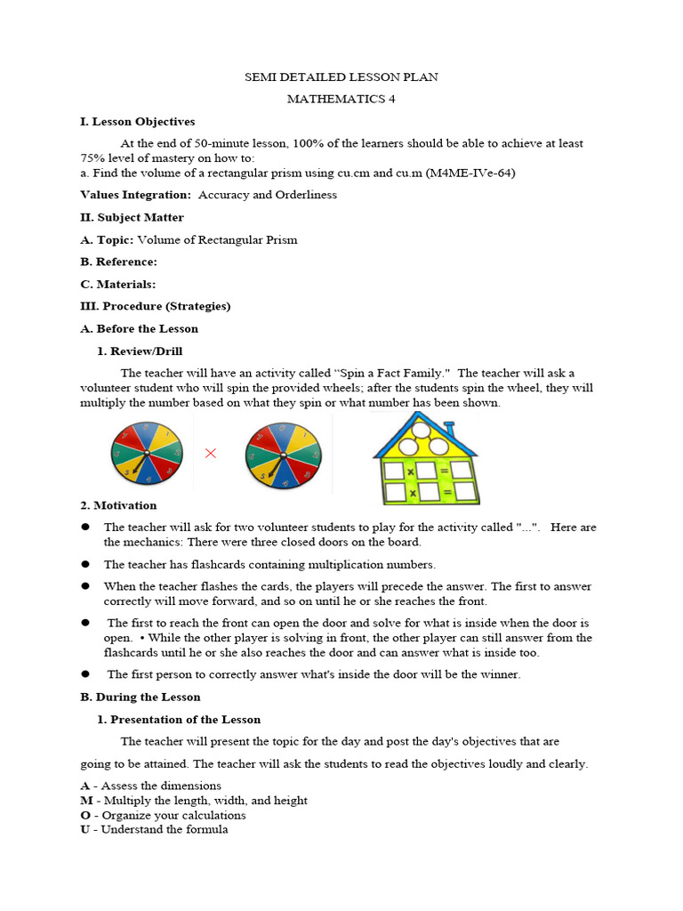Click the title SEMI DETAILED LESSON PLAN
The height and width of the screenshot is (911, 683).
point(341,77)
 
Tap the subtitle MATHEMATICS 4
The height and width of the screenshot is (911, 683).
point(341,99)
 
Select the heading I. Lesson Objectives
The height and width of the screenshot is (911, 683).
point(138,122)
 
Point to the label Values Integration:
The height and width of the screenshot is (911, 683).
point(135,195)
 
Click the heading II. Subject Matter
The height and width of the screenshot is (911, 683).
point(133,217)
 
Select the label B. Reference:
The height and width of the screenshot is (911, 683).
point(118,262)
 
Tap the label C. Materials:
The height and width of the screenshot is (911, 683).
point(117,284)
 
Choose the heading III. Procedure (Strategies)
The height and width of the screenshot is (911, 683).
point(156,306)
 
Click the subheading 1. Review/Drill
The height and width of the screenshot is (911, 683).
point(140,351)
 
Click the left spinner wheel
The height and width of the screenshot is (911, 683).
point(147,454)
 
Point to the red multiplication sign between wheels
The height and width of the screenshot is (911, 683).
point(211,454)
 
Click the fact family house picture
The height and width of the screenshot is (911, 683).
point(424,458)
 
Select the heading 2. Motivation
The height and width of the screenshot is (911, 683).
point(118,505)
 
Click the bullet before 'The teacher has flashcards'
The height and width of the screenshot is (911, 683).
point(86,564)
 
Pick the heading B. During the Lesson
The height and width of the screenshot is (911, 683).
point(141,697)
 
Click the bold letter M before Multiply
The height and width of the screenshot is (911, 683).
point(85,801)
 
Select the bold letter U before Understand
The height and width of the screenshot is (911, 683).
point(85,829)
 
